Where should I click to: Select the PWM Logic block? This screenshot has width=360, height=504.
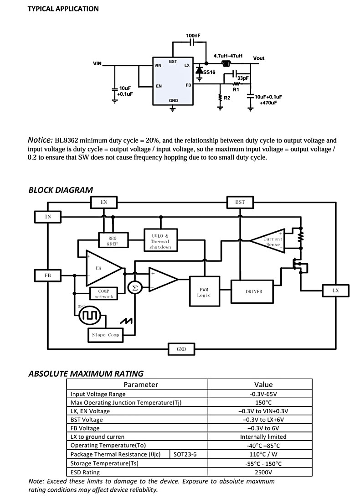pos(205,291)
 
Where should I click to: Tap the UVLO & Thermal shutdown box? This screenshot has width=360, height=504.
pos(160,241)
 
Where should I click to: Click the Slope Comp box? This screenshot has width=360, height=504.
pos(105,335)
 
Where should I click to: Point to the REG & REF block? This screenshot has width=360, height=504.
pos(113,241)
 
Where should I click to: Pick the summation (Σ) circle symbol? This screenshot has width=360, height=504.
pos(135,288)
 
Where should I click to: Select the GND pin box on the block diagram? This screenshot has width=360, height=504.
pos(181,349)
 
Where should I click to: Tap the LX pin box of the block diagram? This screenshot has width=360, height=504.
pos(335,291)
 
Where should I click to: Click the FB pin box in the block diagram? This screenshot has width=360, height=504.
pos(48,275)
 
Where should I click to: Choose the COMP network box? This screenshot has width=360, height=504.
pos(103,293)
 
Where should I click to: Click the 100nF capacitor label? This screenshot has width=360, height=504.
pos(193,36)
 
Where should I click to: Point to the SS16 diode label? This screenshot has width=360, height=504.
pos(209,73)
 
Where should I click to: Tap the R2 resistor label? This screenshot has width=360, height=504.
pos(227,98)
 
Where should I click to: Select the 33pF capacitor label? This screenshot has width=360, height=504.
pos(243,78)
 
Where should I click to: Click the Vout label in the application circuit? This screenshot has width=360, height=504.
pos(258,58)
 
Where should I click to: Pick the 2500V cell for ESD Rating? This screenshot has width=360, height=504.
pos(263,472)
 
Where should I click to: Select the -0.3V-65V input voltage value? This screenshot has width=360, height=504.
pos(263,394)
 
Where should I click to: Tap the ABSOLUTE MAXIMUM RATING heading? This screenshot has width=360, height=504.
pos(86,374)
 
